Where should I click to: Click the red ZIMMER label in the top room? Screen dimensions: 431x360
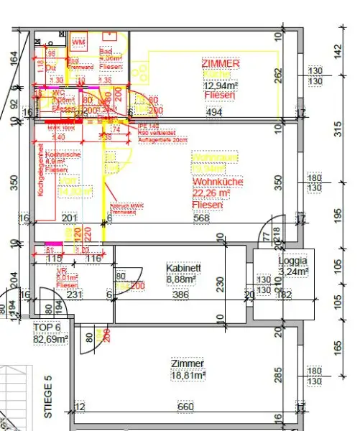(222, 64)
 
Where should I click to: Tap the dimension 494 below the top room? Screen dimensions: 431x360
(216, 113)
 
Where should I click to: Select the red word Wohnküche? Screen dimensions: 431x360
(213, 182)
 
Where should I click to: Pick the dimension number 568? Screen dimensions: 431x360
(203, 218)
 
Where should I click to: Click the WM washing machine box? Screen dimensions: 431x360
(78, 42)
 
